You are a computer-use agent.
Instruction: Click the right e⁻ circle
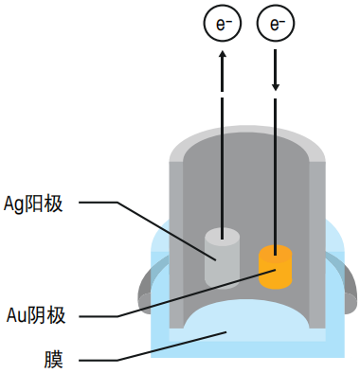277,23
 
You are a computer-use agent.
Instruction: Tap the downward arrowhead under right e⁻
277,87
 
